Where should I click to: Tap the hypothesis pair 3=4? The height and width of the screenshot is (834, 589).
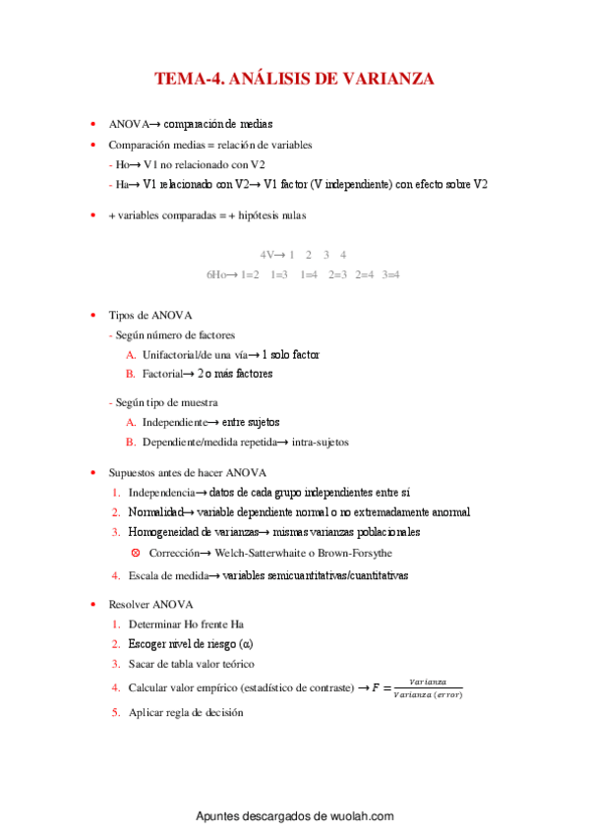391,274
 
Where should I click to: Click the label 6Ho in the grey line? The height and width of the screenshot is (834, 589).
216,274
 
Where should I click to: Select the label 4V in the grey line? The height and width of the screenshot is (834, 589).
266,255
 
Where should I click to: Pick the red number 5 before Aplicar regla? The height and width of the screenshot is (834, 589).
115,712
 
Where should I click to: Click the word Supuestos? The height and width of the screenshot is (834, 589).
132,472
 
